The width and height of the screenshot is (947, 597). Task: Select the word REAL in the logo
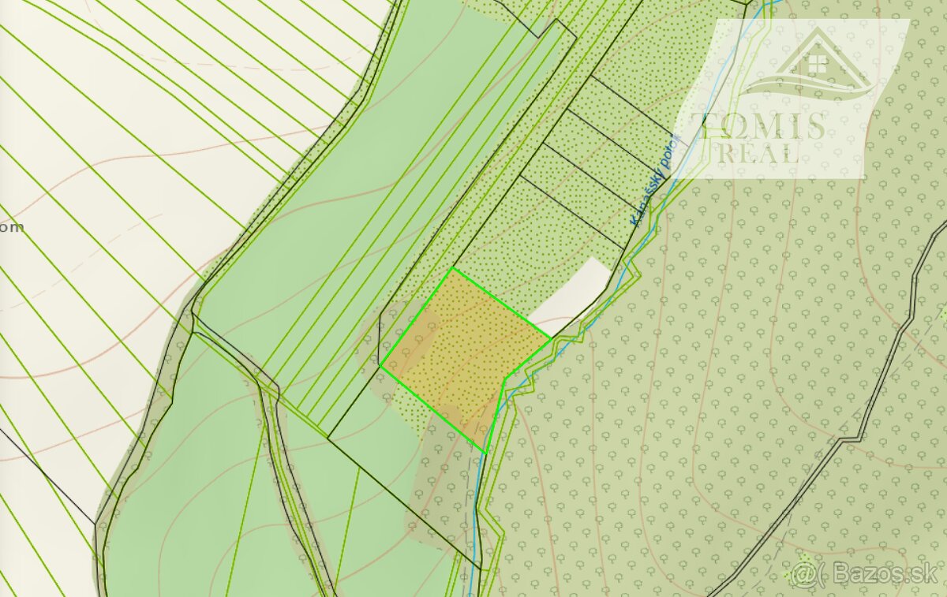(x=758, y=153)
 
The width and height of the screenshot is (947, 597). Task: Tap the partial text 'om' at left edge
(x=11, y=227)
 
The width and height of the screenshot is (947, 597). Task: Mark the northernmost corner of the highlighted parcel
(x=452, y=269)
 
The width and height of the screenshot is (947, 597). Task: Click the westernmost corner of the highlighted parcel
(x=380, y=367)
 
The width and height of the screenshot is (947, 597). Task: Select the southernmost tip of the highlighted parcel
(x=485, y=452)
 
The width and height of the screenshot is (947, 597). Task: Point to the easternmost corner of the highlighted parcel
(x=550, y=339)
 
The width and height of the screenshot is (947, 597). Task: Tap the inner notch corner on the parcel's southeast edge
(x=505, y=378)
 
